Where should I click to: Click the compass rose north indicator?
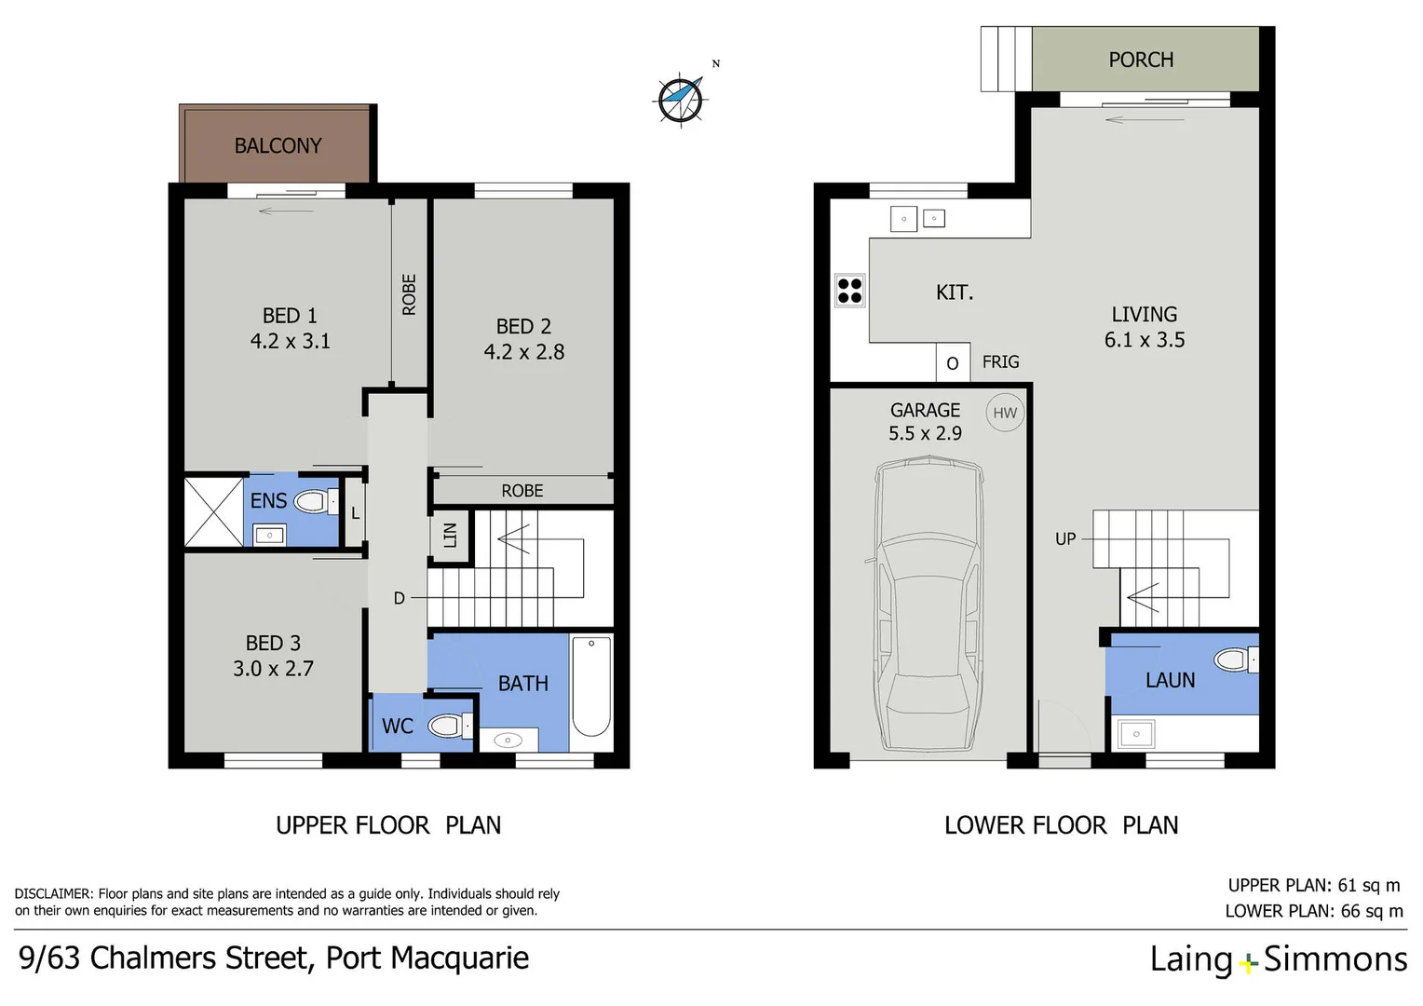[681, 99]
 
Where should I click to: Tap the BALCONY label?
[278, 146]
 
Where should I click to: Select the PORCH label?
[1141, 61]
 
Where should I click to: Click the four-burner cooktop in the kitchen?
[849, 291]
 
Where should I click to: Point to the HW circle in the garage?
[1005, 414]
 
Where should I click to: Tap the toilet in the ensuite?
[313, 503]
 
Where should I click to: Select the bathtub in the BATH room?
[591, 686]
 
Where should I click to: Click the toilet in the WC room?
[446, 726]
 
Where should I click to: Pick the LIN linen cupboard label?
[450, 536]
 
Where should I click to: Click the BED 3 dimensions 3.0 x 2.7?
[273, 669]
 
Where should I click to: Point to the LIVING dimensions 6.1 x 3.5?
[1145, 340]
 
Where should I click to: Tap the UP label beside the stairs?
[1065, 539]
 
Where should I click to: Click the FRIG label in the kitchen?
[1000, 362]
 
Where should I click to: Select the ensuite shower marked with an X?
[213, 512]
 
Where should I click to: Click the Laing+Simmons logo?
[1278, 959]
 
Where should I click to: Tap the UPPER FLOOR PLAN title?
[388, 825]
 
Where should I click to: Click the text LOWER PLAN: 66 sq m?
[1313, 911]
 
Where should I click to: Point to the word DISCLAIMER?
[53, 894]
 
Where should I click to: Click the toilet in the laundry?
[1234, 660]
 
